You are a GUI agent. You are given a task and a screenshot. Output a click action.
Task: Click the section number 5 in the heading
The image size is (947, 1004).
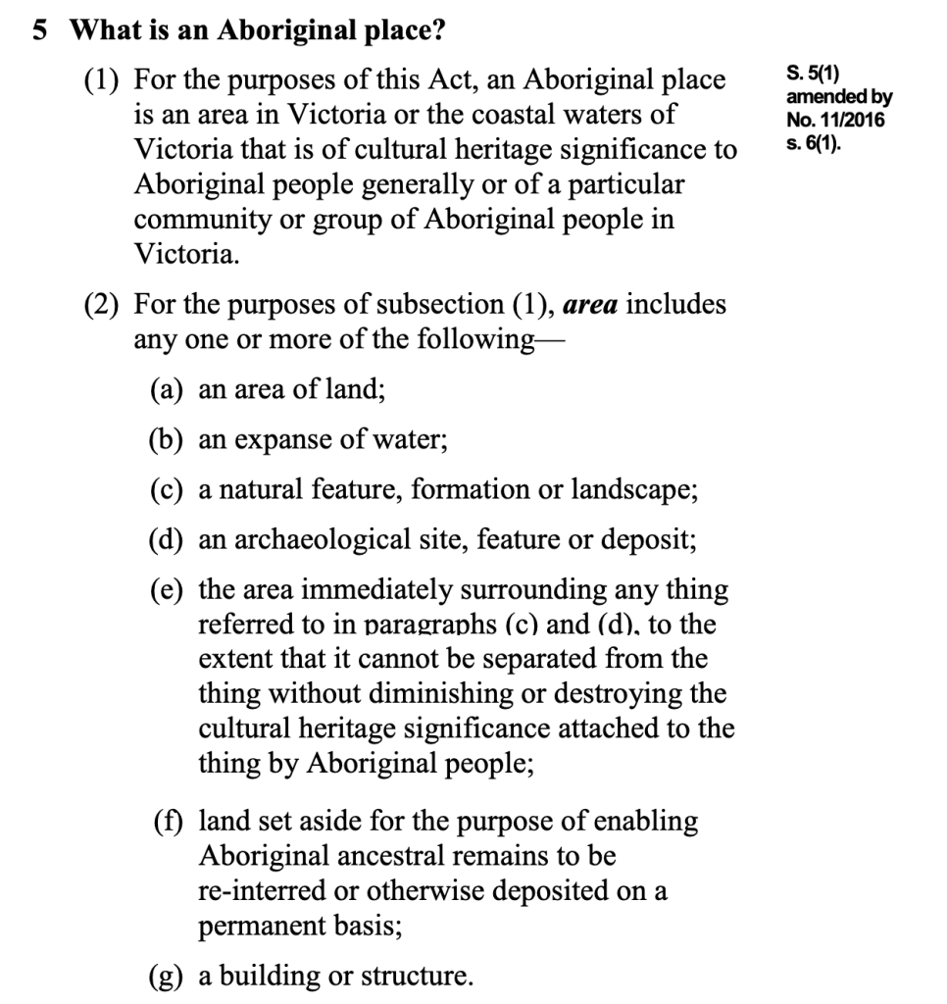39,31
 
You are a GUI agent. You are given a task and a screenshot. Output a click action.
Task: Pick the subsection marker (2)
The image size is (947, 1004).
103,304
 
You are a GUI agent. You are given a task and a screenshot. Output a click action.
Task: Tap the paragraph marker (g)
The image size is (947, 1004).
168,977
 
